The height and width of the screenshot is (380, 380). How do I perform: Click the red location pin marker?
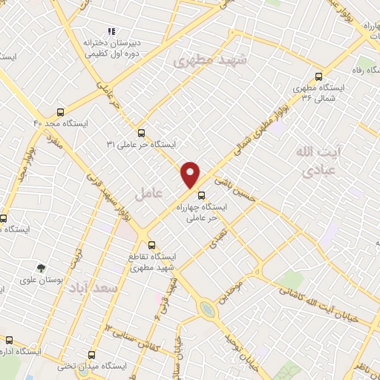coord(191,174)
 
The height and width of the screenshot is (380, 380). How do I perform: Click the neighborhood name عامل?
coord(148,194)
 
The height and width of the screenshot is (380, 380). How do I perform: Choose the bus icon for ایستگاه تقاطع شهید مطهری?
coord(151,245)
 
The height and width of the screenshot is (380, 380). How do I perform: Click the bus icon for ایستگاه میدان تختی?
coord(92,355)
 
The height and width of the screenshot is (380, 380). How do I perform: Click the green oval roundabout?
coord(208,307)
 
